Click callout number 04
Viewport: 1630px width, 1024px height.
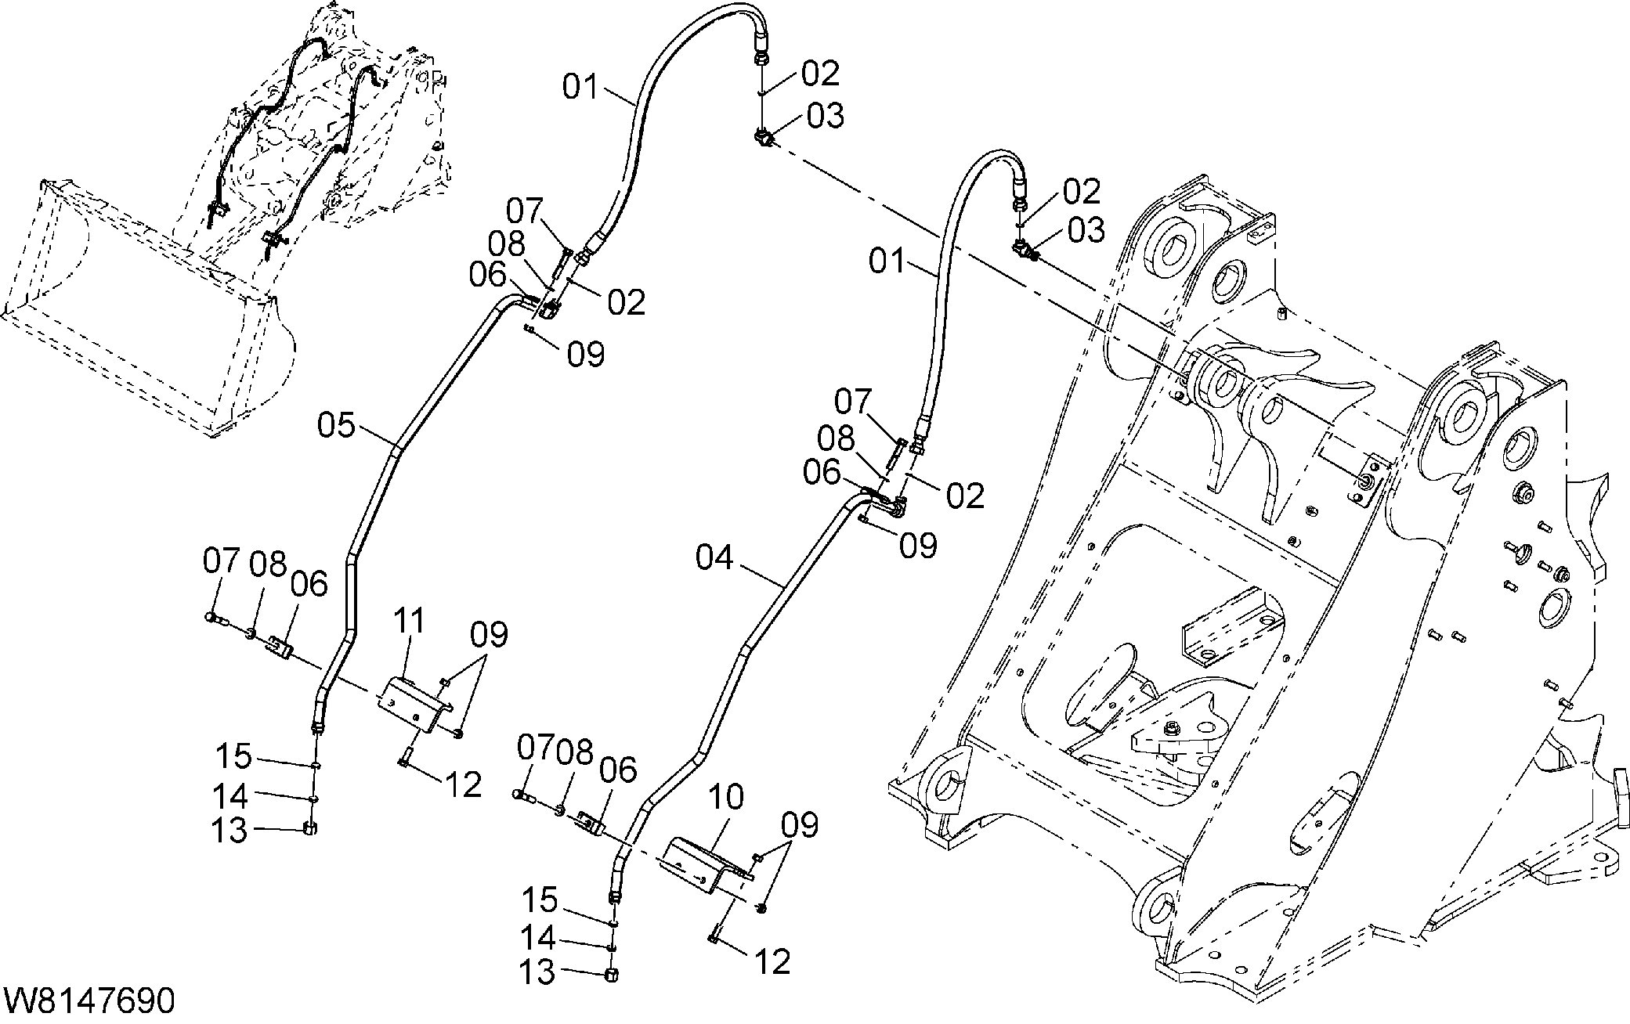click(x=715, y=559)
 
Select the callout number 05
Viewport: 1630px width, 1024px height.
click(x=337, y=426)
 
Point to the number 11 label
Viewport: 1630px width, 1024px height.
click(x=409, y=621)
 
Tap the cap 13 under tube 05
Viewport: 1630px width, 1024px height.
click(x=310, y=829)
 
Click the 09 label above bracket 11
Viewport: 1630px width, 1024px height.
click(x=489, y=635)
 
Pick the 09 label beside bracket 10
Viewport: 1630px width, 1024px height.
click(x=799, y=826)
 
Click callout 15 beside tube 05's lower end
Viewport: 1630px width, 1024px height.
click(x=233, y=757)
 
